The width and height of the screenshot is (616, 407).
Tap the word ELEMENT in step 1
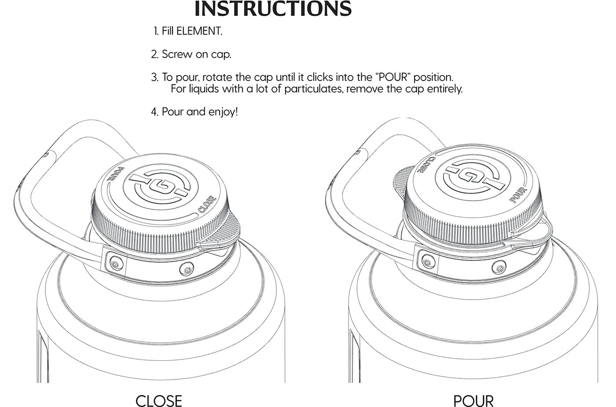click(199, 31)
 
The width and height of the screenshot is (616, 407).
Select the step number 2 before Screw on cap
click(155, 54)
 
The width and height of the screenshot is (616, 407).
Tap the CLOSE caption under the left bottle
click(159, 400)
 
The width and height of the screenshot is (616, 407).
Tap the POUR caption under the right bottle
click(473, 400)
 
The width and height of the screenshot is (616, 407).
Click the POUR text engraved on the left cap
click(115, 174)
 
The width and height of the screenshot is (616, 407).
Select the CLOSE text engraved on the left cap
click(207, 204)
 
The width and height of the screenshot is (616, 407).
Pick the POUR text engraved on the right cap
click(518, 194)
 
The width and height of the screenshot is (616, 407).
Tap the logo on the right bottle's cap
click(473, 176)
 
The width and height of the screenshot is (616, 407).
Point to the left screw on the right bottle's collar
click(426, 260)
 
